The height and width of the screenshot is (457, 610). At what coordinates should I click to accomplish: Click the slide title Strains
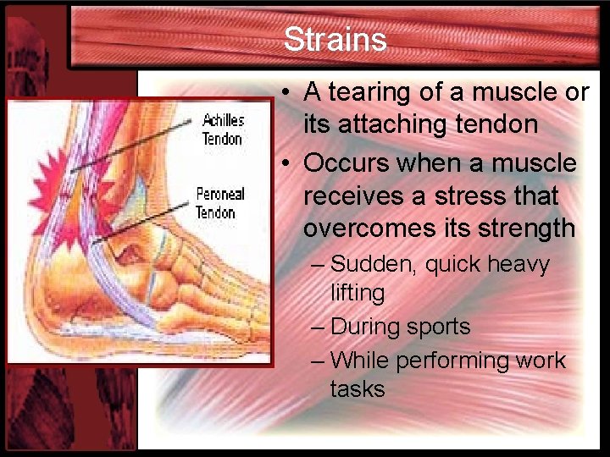click(x=335, y=40)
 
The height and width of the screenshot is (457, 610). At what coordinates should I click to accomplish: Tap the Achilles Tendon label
click(x=222, y=129)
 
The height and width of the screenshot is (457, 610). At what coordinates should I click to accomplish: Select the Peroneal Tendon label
click(x=219, y=203)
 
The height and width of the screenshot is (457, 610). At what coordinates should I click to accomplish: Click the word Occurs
click(x=347, y=162)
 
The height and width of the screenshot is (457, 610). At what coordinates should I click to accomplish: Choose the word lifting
click(x=358, y=293)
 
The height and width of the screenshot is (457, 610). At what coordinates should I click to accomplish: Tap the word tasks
click(x=358, y=388)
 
